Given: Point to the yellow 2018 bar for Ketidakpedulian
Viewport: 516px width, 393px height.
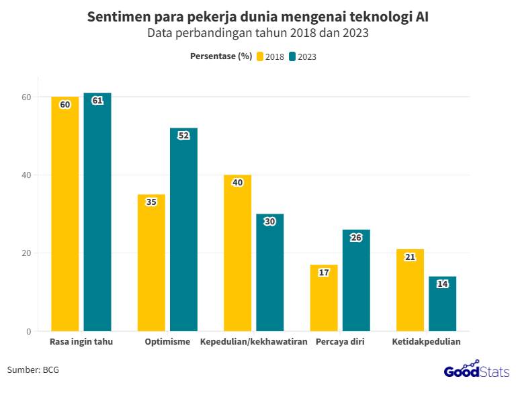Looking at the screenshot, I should tap(410, 296).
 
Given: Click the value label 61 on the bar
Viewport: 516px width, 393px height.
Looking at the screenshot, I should tap(97, 101).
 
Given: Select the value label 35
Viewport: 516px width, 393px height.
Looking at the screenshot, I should tap(151, 202).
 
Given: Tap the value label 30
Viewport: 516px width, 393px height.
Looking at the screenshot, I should tap(270, 221).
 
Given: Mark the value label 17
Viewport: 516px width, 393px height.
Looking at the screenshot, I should tap(324, 272).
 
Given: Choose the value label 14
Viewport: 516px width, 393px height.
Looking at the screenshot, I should tap(443, 284).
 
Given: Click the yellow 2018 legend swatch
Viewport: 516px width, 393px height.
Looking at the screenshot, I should tap(260, 56).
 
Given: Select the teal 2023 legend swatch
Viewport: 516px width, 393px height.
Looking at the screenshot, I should tap(292, 56).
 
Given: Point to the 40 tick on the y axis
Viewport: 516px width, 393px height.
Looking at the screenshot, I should tap(26, 175).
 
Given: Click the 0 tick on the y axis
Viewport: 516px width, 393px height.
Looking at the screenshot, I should tap(29, 331).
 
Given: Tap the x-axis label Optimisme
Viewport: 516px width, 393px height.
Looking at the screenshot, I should tap(167, 342).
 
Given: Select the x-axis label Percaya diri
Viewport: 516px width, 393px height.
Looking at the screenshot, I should tap(339, 342).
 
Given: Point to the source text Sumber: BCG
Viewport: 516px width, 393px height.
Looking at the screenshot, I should tap(33, 369).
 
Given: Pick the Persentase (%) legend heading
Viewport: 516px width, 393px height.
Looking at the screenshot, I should tap(221, 56).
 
